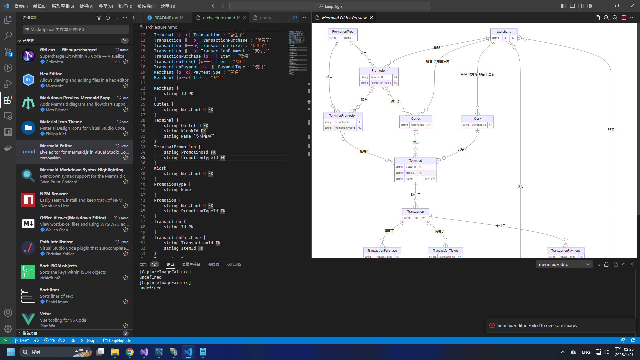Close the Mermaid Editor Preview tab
click(x=371, y=18)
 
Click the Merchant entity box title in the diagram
click(x=504, y=32)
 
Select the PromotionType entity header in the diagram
click(x=343, y=32)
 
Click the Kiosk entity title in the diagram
click(x=477, y=119)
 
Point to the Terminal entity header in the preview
click(x=415, y=161)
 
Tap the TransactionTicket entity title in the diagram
click(x=445, y=251)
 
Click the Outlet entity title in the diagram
click(x=416, y=119)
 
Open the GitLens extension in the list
click(x=68, y=50)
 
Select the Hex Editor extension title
click(x=51, y=74)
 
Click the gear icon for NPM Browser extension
click(x=126, y=206)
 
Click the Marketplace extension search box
click(x=76, y=29)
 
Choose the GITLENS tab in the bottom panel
click(x=234, y=264)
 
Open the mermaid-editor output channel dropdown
click(x=564, y=264)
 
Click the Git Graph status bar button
click(x=89, y=341)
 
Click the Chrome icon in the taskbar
click(x=130, y=352)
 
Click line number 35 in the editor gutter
click(x=143, y=158)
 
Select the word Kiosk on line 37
click(x=160, y=168)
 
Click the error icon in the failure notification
click(x=492, y=325)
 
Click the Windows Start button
click(x=11, y=352)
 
